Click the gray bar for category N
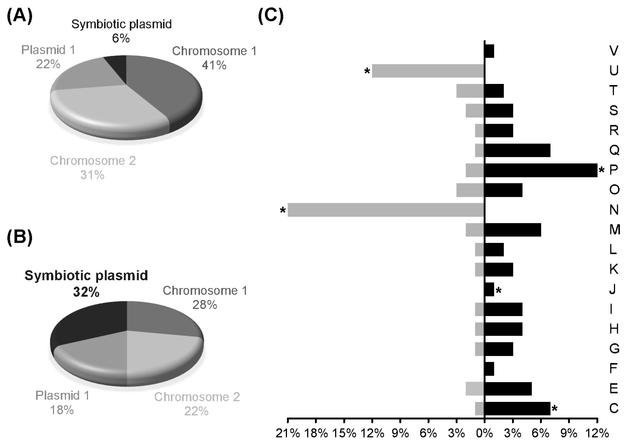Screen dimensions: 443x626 386,210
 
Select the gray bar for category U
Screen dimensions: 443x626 428,71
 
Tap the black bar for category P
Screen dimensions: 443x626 540,170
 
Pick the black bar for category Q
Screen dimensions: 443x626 517,150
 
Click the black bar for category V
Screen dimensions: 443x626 489,51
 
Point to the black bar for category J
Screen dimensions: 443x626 489,289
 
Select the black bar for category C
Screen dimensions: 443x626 517,408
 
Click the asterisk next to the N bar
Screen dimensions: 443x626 283,211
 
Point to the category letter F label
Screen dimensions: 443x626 613,368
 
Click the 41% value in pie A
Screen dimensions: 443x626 214,65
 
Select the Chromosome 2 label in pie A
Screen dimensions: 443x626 93,161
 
